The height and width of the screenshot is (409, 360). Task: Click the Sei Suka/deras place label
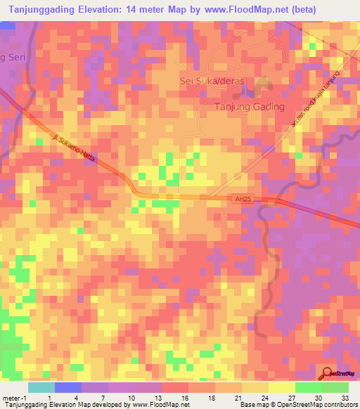[x=212, y=81]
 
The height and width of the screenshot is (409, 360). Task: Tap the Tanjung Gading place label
[x=249, y=107]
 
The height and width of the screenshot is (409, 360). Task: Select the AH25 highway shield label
[x=243, y=200]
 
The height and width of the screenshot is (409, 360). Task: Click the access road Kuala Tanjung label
[x=315, y=98]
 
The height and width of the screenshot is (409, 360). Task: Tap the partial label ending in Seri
[x=12, y=56]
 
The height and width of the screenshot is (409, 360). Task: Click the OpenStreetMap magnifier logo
[x=327, y=374]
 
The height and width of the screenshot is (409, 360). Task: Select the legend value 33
[x=344, y=397]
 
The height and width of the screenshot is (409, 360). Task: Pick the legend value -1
[x=19, y=397]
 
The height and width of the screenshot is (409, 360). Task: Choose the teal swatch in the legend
[x=41, y=387]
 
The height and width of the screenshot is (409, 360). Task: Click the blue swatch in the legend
[x=67, y=387]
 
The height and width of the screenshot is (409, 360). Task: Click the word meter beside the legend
[x=8, y=397]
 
